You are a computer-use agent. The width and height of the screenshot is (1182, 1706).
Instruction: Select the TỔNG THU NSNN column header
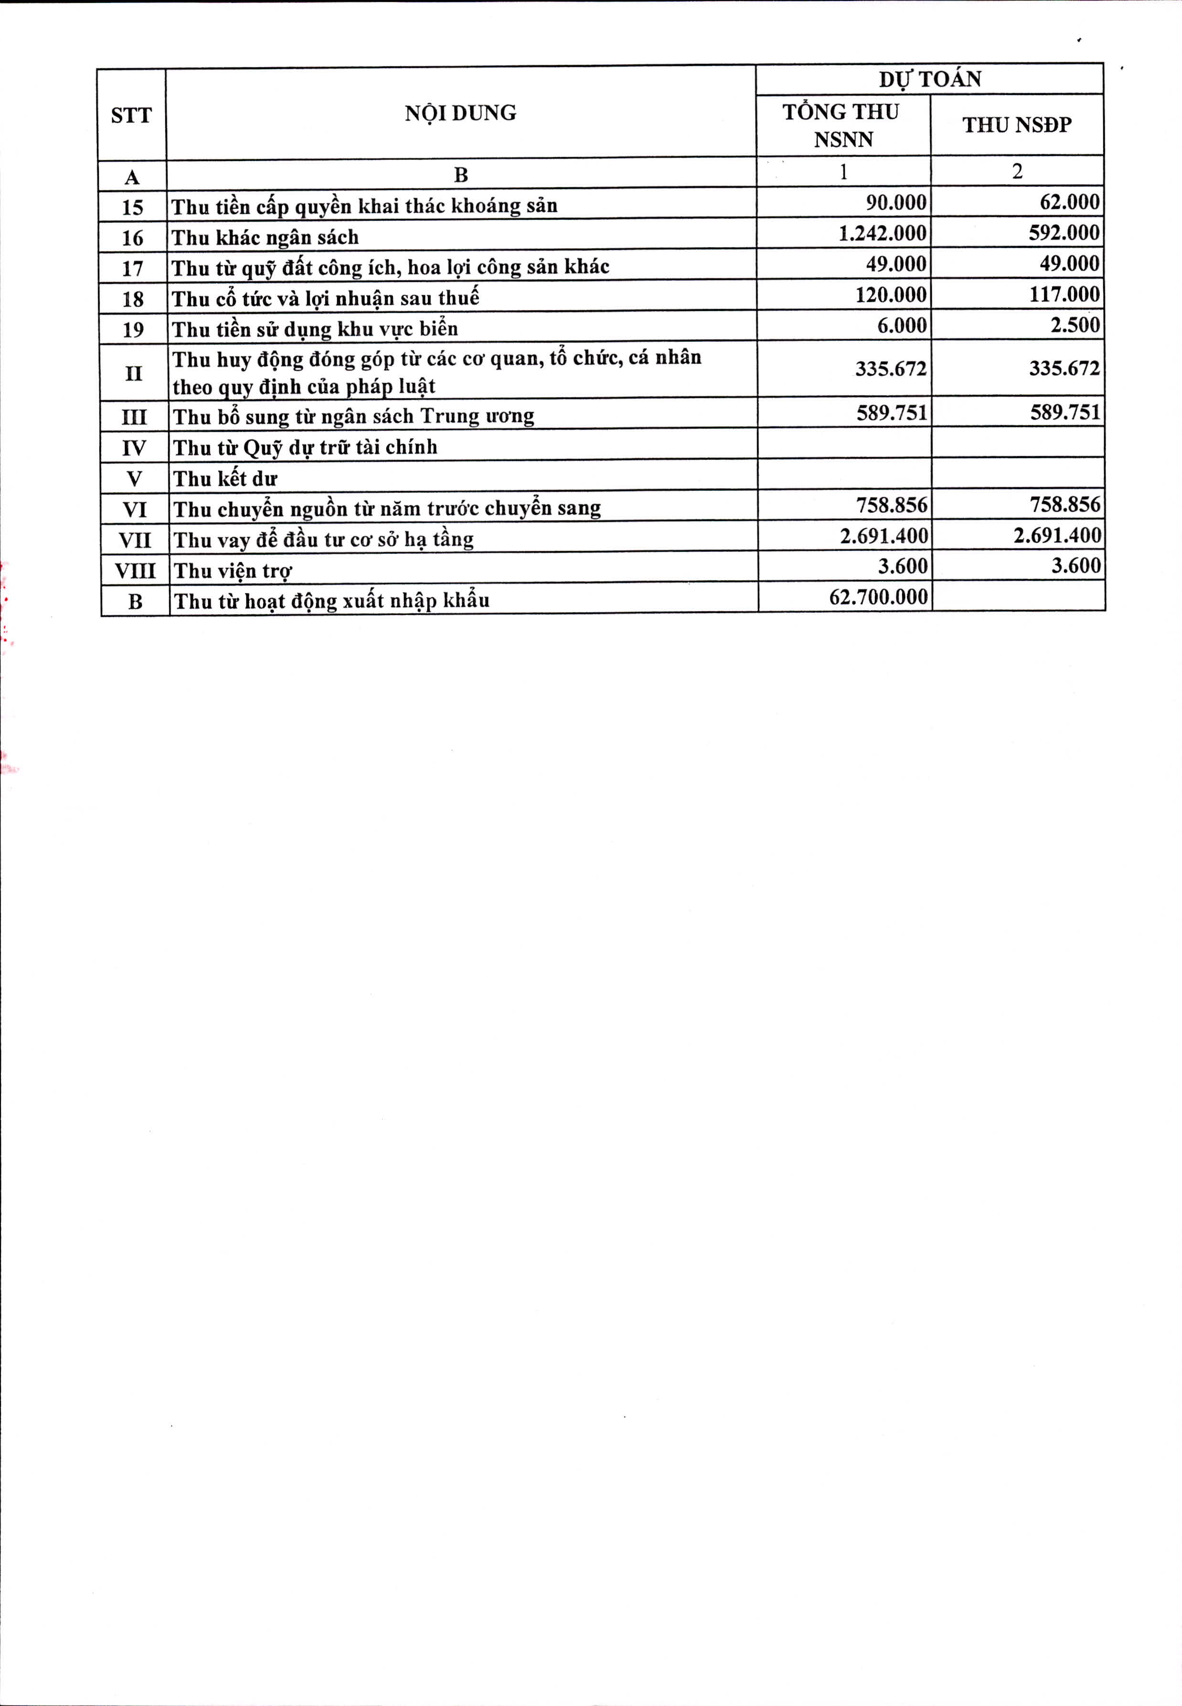point(842,125)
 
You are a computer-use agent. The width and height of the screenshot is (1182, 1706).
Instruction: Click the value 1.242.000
point(882,233)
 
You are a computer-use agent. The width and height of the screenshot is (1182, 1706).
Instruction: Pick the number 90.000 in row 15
point(896,202)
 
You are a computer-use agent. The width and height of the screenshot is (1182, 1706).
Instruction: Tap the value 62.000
point(1069,202)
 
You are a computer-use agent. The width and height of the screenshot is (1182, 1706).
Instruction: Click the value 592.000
point(1064,233)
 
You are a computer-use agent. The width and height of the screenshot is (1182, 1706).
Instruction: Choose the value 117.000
point(1064,295)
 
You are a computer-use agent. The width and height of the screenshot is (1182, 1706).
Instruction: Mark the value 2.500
point(1075,325)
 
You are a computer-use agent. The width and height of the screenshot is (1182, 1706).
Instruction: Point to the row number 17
point(133,268)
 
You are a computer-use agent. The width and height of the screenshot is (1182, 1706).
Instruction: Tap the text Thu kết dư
point(225,479)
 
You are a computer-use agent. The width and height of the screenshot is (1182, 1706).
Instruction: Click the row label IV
point(134,448)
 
